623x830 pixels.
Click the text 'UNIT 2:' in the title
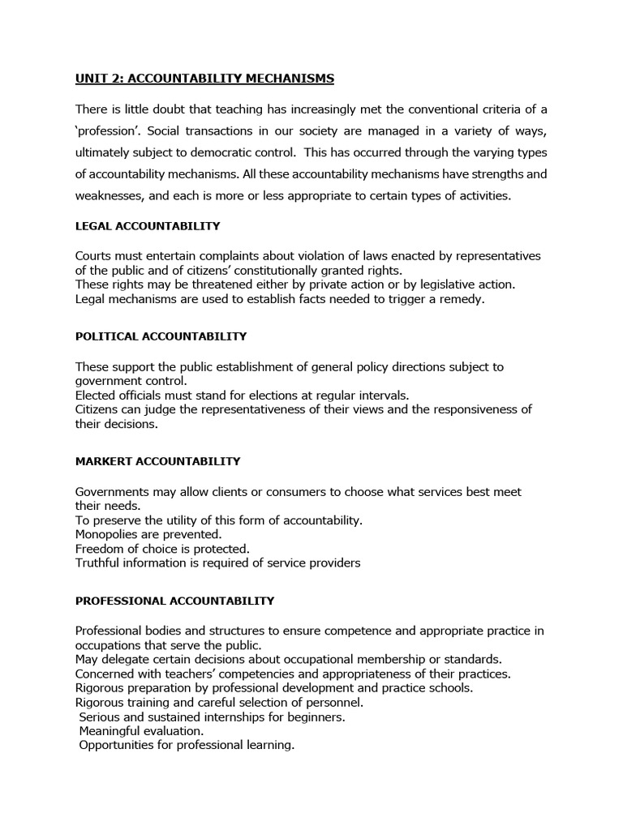[x=99, y=79]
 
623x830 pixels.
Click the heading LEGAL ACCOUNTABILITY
[x=148, y=226]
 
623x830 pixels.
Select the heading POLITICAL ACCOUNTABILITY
[x=161, y=336]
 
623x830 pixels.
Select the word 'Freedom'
[x=101, y=549]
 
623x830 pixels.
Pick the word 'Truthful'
[x=100, y=563]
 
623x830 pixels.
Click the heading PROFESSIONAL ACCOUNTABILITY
[x=174, y=601]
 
